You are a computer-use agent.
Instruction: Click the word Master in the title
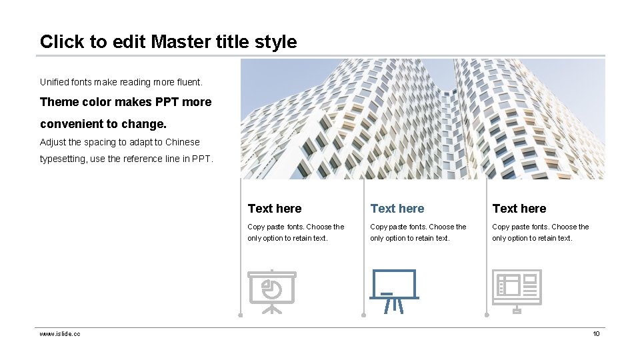point(181,42)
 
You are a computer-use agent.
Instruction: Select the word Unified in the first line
point(55,82)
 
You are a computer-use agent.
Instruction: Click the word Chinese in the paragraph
point(182,142)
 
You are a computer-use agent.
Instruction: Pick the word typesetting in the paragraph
point(63,159)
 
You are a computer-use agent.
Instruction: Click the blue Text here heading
point(397,209)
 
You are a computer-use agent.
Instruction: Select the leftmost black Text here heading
point(274,209)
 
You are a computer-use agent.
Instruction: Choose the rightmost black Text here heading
point(519,209)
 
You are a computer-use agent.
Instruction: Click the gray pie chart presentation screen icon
point(271,291)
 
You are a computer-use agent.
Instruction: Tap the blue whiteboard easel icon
point(394,291)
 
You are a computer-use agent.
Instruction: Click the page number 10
point(596,333)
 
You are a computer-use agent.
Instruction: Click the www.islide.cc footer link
point(60,333)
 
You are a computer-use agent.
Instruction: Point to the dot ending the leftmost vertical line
point(241,315)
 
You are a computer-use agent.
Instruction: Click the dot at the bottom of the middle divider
point(363,315)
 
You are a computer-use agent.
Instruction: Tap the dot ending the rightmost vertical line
point(486,315)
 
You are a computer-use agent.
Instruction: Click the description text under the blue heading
point(418,233)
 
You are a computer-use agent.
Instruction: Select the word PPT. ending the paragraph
point(202,159)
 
